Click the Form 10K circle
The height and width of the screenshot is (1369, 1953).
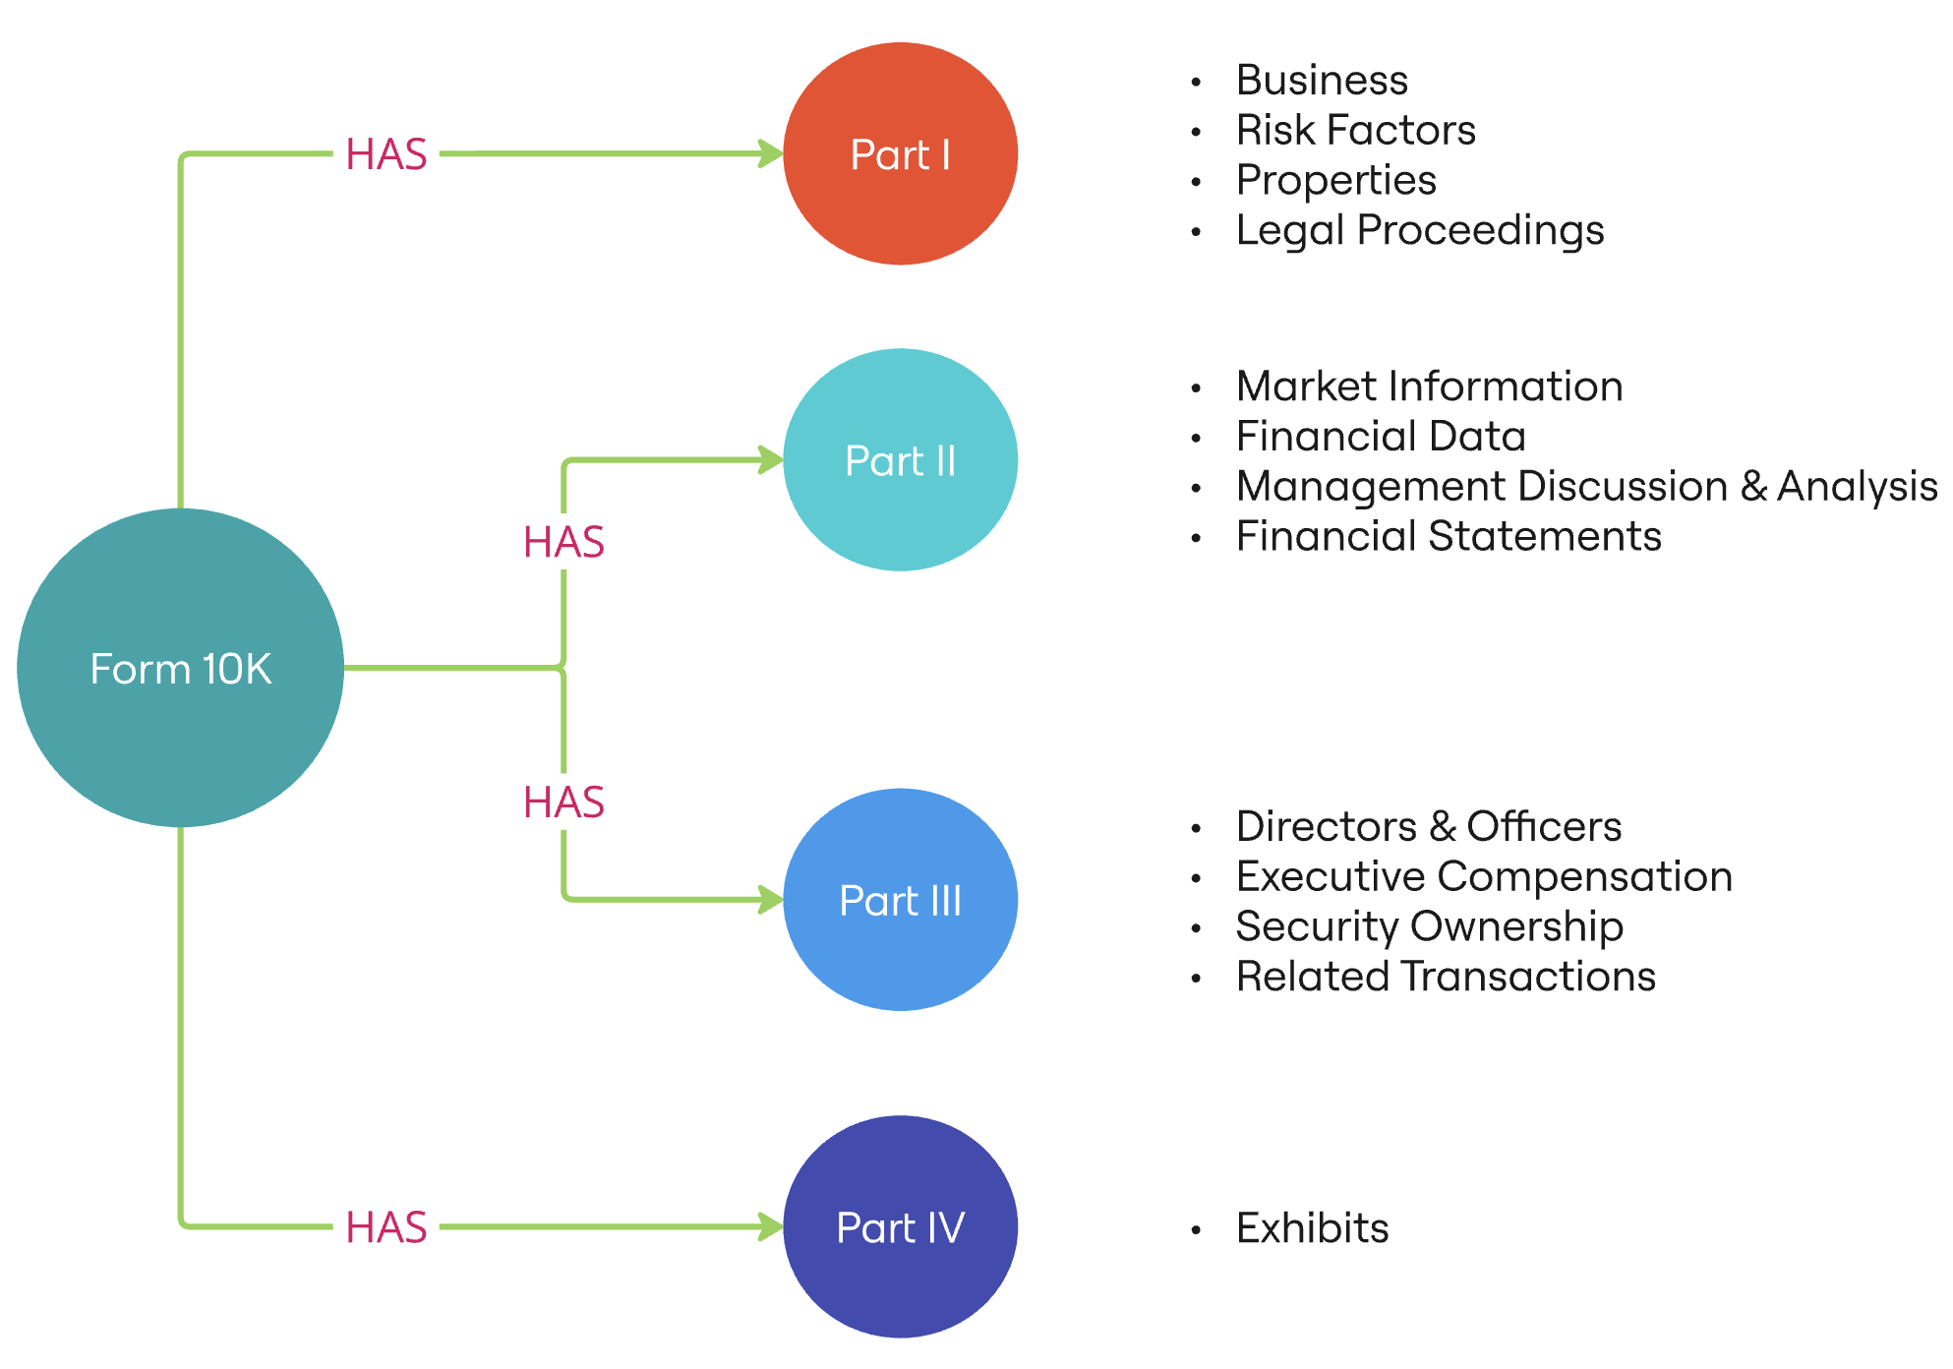[x=180, y=668]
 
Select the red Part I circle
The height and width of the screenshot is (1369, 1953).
[x=900, y=153]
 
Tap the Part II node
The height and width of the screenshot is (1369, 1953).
[x=900, y=460]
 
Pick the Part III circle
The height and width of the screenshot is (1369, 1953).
[x=900, y=900]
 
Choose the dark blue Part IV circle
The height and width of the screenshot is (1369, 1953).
[x=900, y=1226]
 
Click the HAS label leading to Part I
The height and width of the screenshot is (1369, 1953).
[x=386, y=154]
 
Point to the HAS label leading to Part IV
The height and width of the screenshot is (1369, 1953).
[x=386, y=1227]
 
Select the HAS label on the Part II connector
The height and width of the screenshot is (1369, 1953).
[x=563, y=542]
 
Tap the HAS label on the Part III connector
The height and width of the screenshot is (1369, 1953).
[x=563, y=803]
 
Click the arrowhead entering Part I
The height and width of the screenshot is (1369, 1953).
[x=770, y=153]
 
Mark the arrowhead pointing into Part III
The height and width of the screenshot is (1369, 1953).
[x=770, y=899]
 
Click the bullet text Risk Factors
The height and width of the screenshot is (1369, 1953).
[x=1355, y=130]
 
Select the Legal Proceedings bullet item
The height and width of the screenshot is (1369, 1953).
[x=1419, y=230]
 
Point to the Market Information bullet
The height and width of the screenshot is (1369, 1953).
[x=1429, y=387]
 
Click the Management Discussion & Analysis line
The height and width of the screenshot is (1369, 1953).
[x=1585, y=487]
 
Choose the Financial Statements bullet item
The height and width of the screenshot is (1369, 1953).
[x=1448, y=537]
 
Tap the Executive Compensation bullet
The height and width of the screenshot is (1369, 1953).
[x=1483, y=876]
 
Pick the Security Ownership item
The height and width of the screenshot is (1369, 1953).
[x=1429, y=926]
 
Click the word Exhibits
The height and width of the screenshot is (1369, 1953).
[x=1312, y=1228]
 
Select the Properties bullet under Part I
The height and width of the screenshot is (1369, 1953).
[x=1335, y=180]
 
